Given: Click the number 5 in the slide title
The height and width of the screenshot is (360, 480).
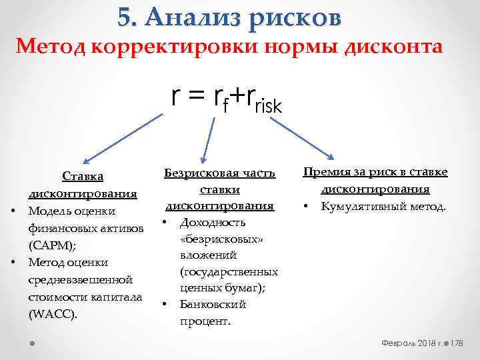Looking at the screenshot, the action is tap(125, 17).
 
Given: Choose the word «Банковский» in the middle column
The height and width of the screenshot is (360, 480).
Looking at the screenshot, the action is tap(213, 305).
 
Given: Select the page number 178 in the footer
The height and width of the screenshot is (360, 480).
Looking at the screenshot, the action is tap(457, 342).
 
